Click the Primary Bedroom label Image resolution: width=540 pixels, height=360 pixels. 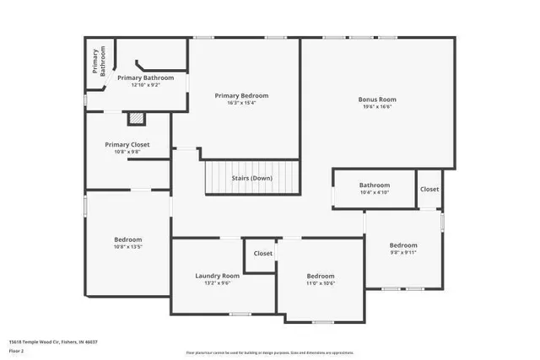[241, 96]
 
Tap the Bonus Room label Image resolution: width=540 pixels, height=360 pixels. [377, 99]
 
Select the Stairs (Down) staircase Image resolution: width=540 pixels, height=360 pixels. [252, 178]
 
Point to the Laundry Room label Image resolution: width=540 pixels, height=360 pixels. [217, 276]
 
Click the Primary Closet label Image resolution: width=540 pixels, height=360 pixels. [127, 144]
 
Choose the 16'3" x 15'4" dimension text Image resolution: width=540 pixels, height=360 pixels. [241, 104]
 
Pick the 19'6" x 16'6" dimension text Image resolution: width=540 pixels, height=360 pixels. [377, 107]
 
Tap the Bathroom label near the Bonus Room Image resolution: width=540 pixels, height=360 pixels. [375, 185]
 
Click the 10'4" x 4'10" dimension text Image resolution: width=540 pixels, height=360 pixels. [375, 193]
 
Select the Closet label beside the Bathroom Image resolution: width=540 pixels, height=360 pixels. [429, 190]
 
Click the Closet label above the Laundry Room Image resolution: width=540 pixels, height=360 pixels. [263, 253]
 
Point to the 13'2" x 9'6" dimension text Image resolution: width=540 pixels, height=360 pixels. [217, 283]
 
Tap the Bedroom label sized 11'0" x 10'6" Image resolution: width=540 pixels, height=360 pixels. [321, 276]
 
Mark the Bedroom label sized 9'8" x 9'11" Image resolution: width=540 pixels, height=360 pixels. [403, 244]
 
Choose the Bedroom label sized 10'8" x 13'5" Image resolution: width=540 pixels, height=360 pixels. [128, 239]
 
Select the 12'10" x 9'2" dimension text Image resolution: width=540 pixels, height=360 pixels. [145, 85]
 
